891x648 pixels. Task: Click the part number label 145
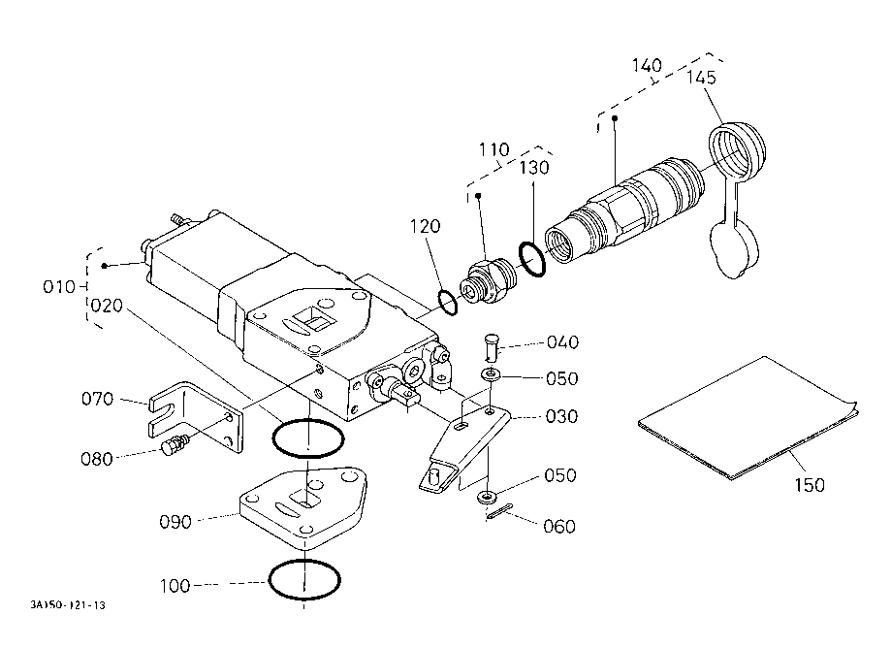[x=701, y=78]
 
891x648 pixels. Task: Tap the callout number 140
[x=648, y=65]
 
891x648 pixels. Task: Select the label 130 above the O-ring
[x=534, y=168]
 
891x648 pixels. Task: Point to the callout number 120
[x=425, y=226]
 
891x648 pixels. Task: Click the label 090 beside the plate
[x=175, y=522]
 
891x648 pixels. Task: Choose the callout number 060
[x=559, y=527]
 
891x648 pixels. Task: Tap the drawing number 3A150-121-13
[x=68, y=604]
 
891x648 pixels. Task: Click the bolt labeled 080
[x=175, y=444]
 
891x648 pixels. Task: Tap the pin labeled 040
[x=491, y=345]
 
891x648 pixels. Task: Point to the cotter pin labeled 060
[x=499, y=511]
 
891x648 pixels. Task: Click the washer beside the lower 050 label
[x=487, y=498]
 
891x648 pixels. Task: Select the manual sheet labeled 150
[x=748, y=418]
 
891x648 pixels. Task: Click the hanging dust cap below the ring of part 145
[x=734, y=250]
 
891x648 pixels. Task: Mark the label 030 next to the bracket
[x=561, y=417]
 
